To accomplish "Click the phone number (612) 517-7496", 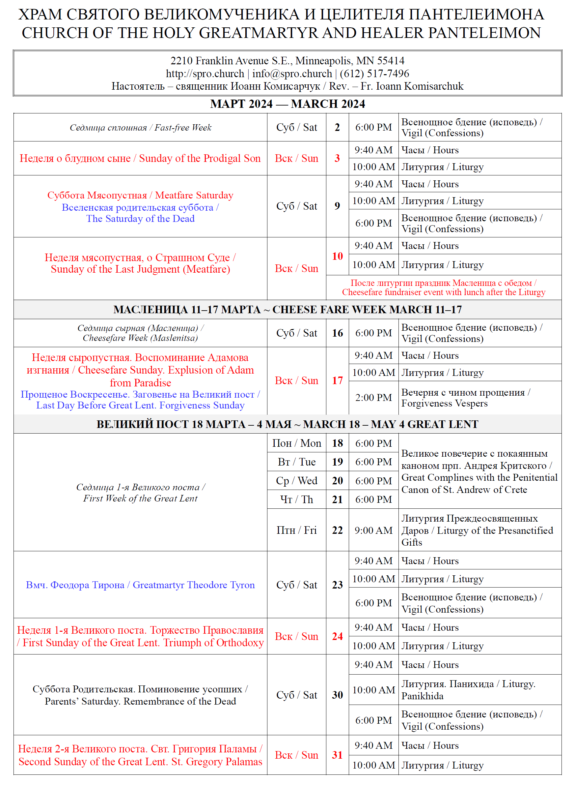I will (x=374, y=74).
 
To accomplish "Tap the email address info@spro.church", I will (x=292, y=74).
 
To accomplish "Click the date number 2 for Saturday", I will (x=337, y=128).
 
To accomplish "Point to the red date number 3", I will (x=337, y=159).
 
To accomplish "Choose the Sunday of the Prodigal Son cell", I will (x=140, y=159).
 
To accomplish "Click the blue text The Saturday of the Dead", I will (x=140, y=219).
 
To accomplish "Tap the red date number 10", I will (x=337, y=257).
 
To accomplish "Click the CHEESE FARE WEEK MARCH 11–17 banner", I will (x=287, y=309).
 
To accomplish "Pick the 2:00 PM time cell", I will (x=373, y=398).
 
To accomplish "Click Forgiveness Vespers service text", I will (x=444, y=404).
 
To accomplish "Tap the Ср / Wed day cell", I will (x=296, y=481).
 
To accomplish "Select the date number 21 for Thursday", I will (x=337, y=500).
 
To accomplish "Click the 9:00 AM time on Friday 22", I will (x=373, y=530).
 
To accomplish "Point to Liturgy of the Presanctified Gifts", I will (x=477, y=530).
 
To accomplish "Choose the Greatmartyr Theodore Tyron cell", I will (x=140, y=585).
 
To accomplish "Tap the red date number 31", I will (x=337, y=755).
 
